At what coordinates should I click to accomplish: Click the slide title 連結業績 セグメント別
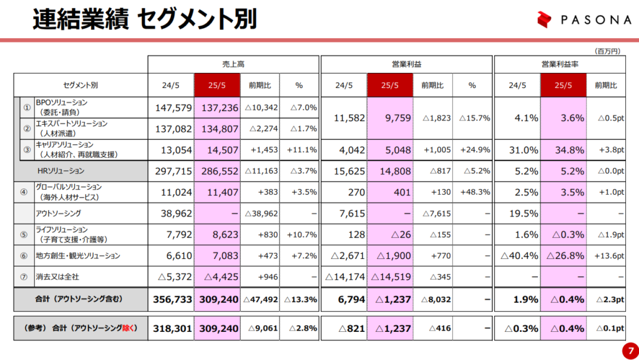pos(144,19)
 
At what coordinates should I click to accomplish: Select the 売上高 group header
pos(233,64)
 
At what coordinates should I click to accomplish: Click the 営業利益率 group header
pos(559,64)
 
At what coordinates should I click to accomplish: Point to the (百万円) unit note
pos(607,51)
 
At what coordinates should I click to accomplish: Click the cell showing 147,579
pos(173,107)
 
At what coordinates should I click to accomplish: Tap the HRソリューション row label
pos(61,170)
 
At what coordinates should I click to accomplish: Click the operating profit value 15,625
pos(345,170)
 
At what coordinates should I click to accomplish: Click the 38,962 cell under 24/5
pos(173,213)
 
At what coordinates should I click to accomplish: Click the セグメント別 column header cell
pos(80,85)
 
